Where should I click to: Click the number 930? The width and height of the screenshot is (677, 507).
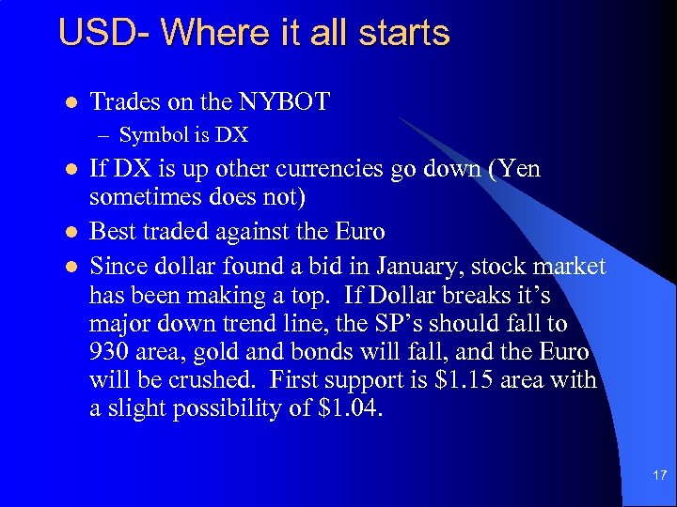pos(111,353)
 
